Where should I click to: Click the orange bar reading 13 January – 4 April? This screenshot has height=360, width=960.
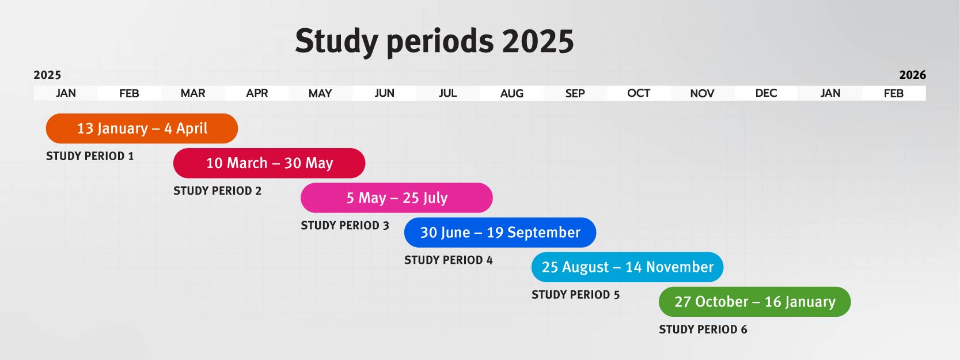pos(142,128)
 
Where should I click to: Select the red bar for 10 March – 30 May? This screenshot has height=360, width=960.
pos(269,163)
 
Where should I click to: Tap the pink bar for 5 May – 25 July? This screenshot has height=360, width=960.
pos(397,198)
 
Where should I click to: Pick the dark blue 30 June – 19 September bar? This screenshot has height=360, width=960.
pos(500,233)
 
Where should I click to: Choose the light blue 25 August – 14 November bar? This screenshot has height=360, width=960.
pos(628,267)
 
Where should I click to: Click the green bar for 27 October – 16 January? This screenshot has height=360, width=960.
pos(755,302)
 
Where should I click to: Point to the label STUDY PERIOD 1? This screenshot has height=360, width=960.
pos(90,156)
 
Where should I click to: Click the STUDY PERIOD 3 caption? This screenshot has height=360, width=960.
pos(345,225)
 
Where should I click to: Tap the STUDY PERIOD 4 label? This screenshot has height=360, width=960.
pos(449,260)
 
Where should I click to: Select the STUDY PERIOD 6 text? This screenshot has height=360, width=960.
pos(703,329)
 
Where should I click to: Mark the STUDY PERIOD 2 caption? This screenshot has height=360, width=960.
pos(217,191)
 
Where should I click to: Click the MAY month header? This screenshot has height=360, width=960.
pos(320,93)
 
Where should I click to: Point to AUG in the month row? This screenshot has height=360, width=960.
pos(512,93)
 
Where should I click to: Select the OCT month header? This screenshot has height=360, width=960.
pos(639,93)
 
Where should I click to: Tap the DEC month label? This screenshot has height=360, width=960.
pos(767,93)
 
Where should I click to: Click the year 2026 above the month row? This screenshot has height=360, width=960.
pos(913,75)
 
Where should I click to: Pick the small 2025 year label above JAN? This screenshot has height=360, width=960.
pos(47,75)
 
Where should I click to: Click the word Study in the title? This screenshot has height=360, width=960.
pos(337,42)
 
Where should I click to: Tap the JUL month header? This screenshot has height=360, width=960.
pos(448,93)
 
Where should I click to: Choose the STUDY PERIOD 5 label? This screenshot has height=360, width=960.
pos(576,295)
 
